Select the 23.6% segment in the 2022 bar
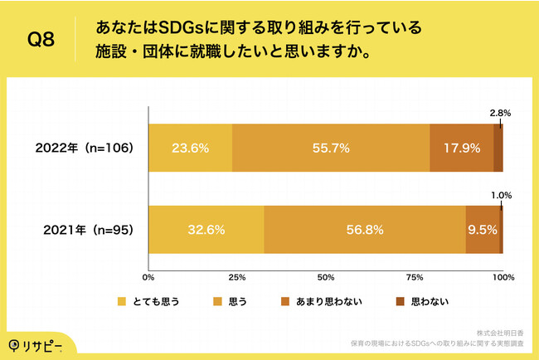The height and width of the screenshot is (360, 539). point(190,148)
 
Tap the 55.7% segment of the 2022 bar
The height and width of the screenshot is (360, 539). point(331,148)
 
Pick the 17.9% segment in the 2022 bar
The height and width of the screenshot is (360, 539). point(461,148)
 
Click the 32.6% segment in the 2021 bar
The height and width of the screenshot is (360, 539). point(206,228)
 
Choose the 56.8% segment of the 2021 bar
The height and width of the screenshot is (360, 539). point(365,228)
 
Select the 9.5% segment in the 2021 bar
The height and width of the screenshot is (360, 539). point(483,228)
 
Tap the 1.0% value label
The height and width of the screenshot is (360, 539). point(501,195)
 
